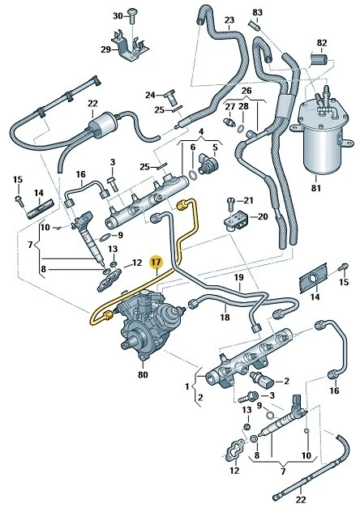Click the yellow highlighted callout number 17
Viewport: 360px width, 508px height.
(156, 263)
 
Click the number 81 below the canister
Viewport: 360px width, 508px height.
(315, 189)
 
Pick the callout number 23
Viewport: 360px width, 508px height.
(229, 19)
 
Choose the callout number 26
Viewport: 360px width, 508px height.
(246, 90)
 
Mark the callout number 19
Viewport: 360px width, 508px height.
(239, 278)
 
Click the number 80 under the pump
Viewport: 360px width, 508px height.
(144, 375)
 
